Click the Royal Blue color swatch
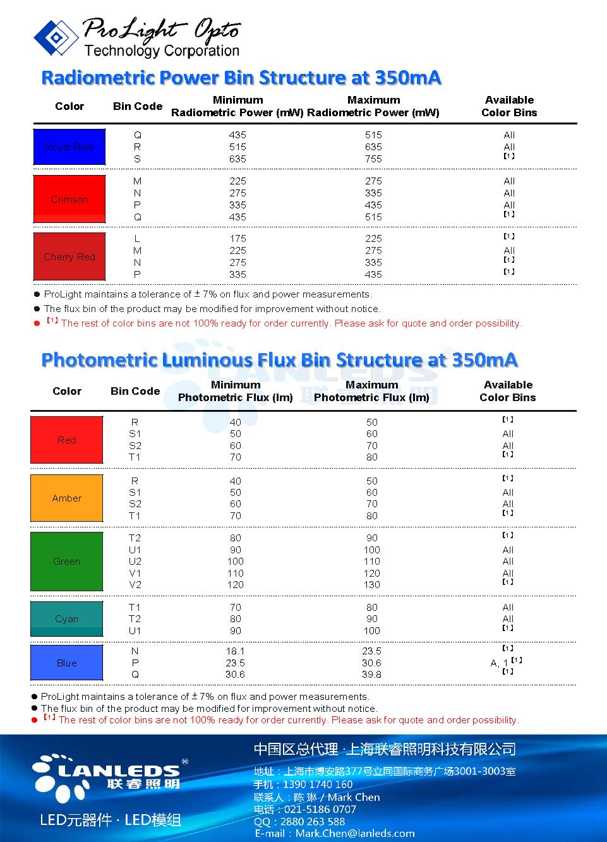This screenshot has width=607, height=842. [69, 147]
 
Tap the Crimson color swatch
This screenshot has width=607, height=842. [69, 199]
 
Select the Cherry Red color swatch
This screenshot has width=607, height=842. [69, 256]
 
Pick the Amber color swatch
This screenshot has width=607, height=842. [66, 498]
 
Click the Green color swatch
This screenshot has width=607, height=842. [66, 561]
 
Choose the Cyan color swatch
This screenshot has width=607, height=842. [66, 618]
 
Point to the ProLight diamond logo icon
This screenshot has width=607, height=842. [56, 37]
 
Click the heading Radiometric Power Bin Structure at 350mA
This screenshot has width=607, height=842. [241, 78]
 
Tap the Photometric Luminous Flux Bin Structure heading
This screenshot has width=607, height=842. [279, 360]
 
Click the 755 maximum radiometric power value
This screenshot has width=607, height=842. [373, 159]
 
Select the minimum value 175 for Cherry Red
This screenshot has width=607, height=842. [237, 239]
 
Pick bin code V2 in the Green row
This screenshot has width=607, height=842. [135, 585]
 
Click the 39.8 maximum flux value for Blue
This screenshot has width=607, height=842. [371, 675]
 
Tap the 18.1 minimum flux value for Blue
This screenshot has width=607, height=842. [235, 651]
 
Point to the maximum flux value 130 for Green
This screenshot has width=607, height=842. [371, 585]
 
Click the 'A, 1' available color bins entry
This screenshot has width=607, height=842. [500, 663]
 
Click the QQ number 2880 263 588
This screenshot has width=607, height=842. [312, 821]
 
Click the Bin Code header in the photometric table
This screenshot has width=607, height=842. [135, 391]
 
